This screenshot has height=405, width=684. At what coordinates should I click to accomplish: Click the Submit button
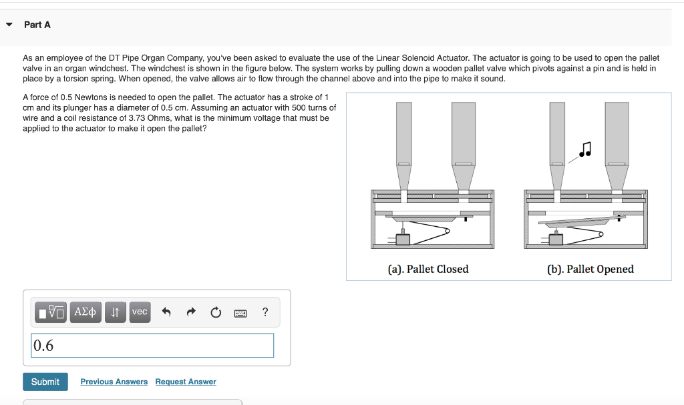(45, 382)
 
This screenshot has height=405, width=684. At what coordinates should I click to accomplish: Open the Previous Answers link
(114, 382)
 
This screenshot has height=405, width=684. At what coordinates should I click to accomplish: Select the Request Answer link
(186, 382)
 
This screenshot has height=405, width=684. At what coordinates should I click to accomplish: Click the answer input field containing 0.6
(152, 346)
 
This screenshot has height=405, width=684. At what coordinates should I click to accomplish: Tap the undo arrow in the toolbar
(166, 312)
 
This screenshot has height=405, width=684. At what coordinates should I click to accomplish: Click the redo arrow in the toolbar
(191, 312)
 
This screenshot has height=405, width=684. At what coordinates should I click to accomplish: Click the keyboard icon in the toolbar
(240, 313)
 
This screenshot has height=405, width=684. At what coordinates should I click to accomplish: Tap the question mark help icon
(265, 312)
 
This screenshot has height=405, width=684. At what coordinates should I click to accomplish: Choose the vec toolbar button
(140, 312)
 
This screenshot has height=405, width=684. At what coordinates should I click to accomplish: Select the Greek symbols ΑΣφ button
(85, 312)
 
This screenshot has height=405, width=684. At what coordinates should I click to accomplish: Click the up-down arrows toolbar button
(115, 312)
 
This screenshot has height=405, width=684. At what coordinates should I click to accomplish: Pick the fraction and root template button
(51, 312)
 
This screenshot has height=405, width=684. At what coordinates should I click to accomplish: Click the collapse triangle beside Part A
(9, 25)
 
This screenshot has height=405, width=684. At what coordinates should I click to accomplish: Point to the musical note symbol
(585, 149)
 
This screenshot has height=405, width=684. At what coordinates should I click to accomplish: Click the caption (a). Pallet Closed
(428, 269)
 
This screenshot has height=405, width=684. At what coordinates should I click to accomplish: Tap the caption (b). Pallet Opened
(590, 269)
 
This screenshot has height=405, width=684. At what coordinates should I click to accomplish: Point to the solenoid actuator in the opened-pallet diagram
(556, 240)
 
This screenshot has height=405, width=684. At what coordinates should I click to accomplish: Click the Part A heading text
(37, 25)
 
